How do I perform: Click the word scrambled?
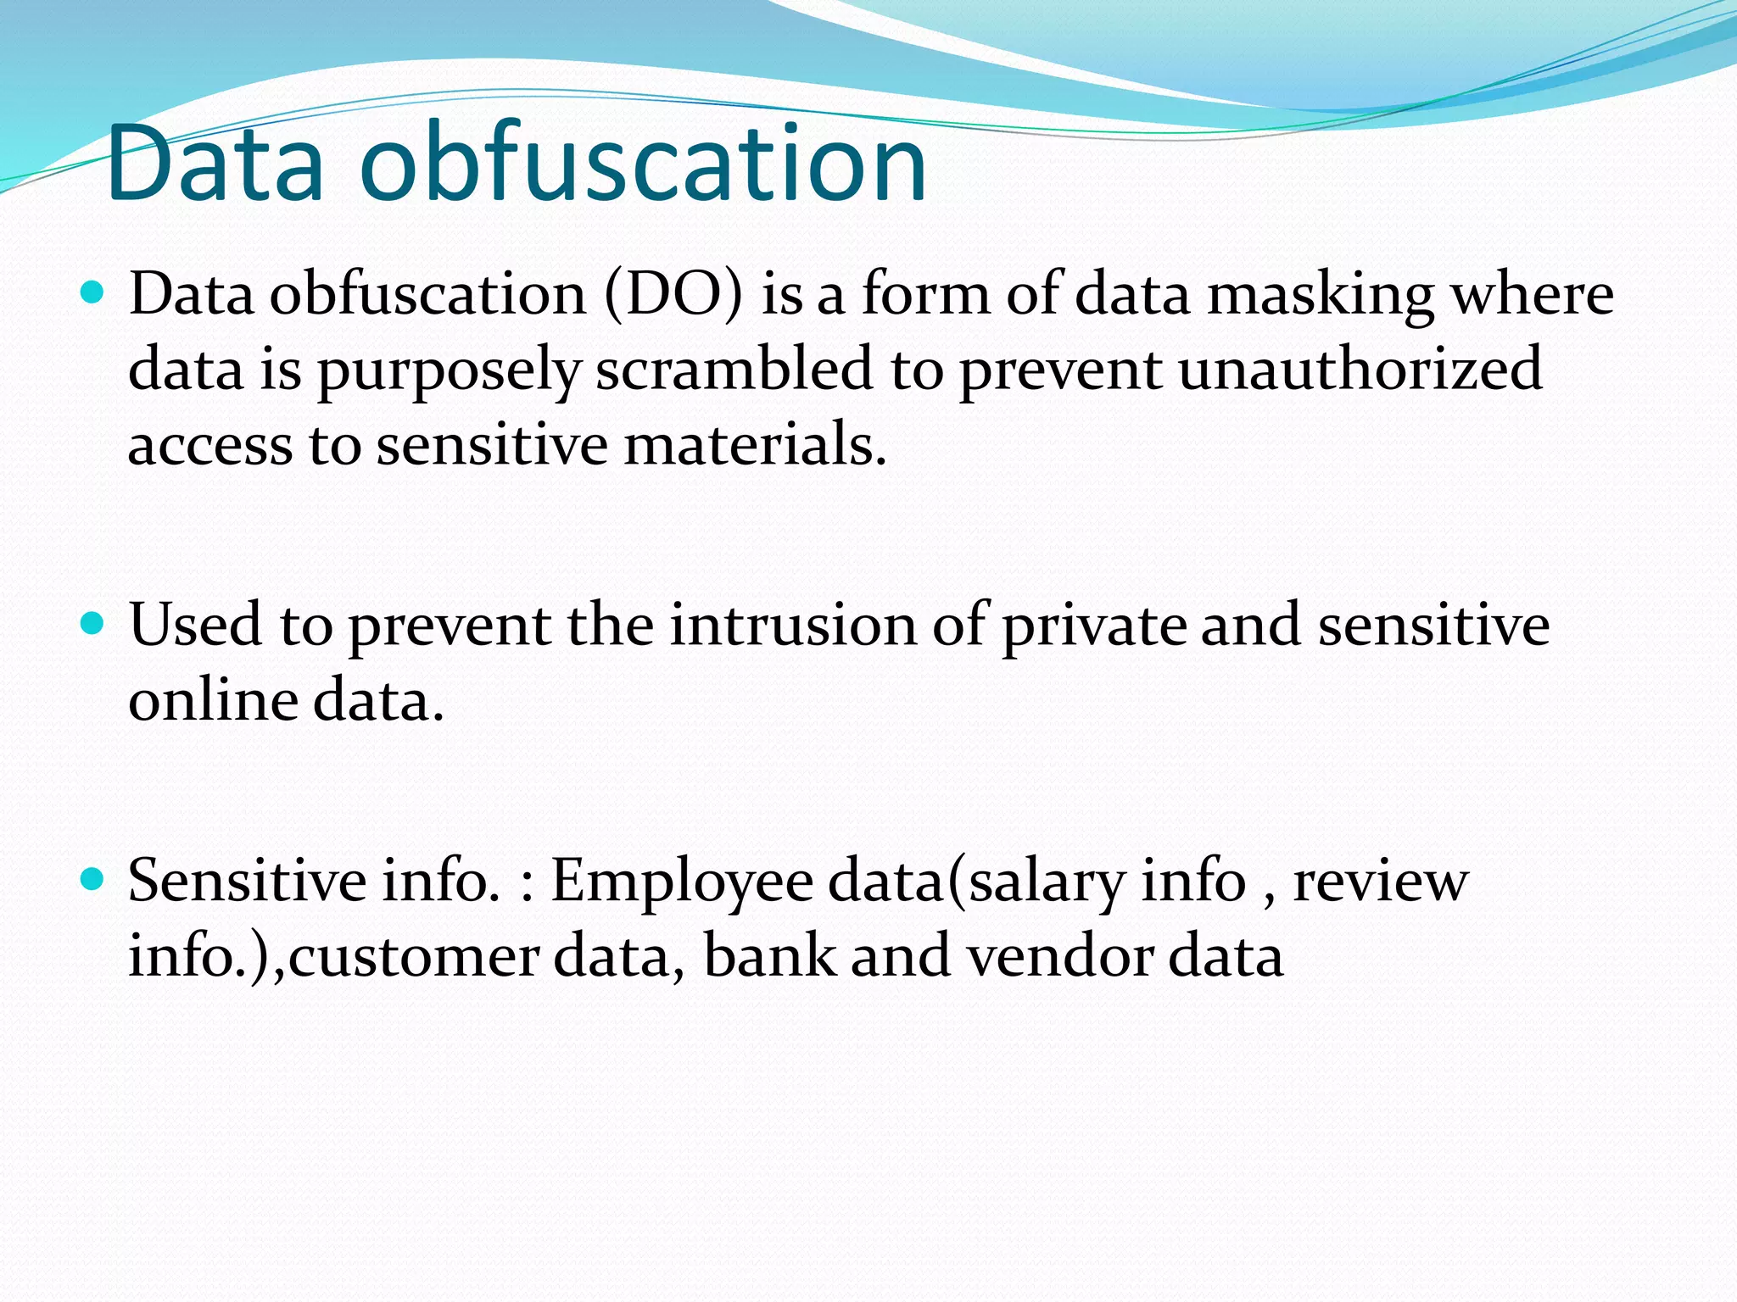click(x=734, y=370)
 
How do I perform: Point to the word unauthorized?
click(x=1360, y=370)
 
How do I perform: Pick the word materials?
click(x=754, y=445)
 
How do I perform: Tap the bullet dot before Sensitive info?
click(x=92, y=880)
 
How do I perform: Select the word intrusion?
click(x=793, y=626)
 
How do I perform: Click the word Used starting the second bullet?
click(x=195, y=626)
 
